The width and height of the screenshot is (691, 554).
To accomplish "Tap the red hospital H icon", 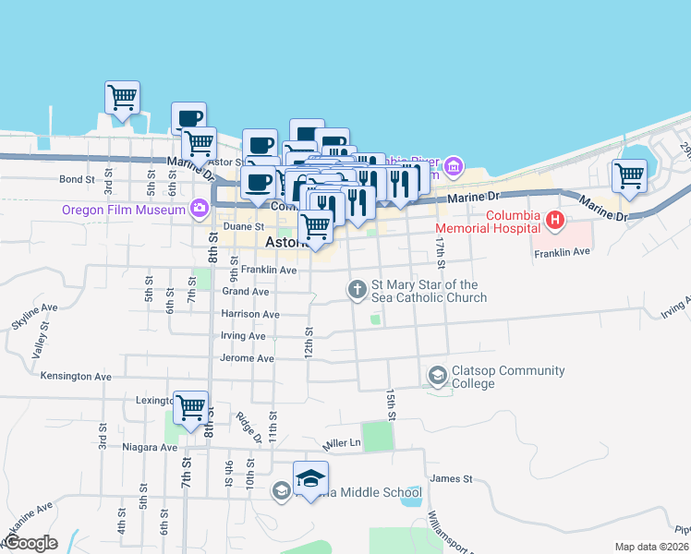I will (x=554, y=220).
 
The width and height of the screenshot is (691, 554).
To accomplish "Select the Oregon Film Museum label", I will (x=124, y=210).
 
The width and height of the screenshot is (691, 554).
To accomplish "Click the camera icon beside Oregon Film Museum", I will (x=198, y=208).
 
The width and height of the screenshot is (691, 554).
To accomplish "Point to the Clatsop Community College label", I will (x=507, y=377).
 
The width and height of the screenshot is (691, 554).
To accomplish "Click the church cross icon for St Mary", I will (x=357, y=291).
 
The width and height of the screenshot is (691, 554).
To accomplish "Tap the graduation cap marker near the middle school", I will (x=310, y=478).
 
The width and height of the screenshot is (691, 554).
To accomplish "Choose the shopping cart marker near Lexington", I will (x=189, y=405).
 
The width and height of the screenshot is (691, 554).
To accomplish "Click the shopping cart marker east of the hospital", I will (x=629, y=175).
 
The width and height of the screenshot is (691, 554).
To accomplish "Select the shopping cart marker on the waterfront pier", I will (x=122, y=97).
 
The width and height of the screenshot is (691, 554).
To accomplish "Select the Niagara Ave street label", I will (x=150, y=448).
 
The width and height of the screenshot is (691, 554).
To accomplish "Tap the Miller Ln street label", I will (x=341, y=443).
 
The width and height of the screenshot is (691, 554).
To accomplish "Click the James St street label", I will (x=451, y=478).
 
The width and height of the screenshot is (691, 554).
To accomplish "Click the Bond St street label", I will (x=78, y=179).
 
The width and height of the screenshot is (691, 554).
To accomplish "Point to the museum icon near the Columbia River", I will (x=453, y=167).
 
